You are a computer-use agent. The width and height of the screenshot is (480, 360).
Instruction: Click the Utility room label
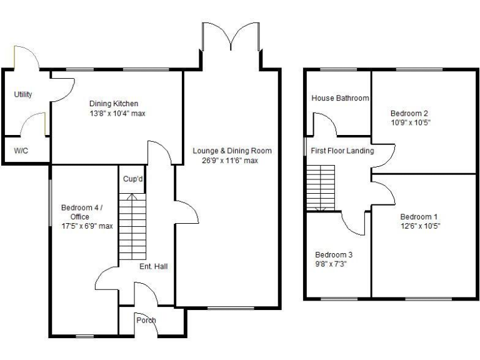click(23, 94)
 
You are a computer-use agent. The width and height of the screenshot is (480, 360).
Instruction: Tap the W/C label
click(21, 151)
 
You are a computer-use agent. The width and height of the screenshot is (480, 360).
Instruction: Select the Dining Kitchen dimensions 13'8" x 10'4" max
click(117, 114)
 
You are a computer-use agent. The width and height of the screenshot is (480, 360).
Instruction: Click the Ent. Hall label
click(153, 266)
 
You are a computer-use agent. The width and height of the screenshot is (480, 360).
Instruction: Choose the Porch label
click(146, 321)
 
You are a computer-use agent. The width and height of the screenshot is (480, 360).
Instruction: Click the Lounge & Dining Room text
click(232, 151)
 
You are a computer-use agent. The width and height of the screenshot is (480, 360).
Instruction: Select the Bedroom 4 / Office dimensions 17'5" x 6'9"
click(87, 226)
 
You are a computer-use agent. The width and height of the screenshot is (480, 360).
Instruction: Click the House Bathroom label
click(340, 98)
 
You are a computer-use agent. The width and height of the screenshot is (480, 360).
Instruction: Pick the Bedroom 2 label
click(409, 113)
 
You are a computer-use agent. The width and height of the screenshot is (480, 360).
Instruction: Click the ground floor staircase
click(132, 228)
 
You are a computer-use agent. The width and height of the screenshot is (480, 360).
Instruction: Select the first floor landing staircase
click(321, 187)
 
